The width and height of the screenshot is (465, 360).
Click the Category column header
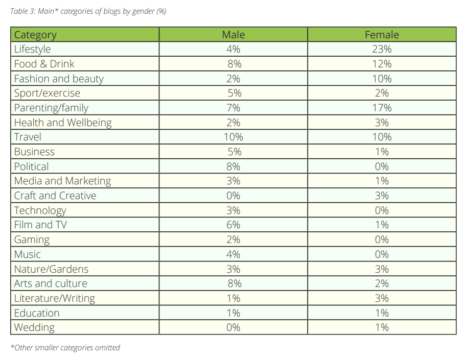point(35,35)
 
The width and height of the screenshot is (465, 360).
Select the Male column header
point(233,35)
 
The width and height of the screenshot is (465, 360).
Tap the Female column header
point(382,35)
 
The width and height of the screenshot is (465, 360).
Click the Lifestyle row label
point(32,49)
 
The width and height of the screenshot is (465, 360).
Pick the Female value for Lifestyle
point(382,49)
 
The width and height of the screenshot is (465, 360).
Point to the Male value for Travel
point(233,137)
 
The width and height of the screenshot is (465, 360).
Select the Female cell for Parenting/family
point(382,108)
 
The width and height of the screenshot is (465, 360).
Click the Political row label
point(31,166)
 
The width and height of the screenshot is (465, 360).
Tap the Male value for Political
point(233,166)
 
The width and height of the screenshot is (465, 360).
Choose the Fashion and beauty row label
point(59,79)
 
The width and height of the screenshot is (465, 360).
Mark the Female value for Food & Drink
point(382,64)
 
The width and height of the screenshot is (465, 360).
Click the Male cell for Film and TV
point(233,225)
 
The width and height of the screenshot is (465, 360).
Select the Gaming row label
point(32,239)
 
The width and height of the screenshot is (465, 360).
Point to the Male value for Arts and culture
point(233,283)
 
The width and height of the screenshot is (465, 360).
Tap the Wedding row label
point(34,327)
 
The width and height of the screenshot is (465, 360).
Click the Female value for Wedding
point(382,327)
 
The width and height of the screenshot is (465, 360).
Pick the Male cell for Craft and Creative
point(233,196)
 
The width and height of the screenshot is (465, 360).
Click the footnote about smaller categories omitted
point(65,348)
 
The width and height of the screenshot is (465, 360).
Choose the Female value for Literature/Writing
point(382,298)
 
